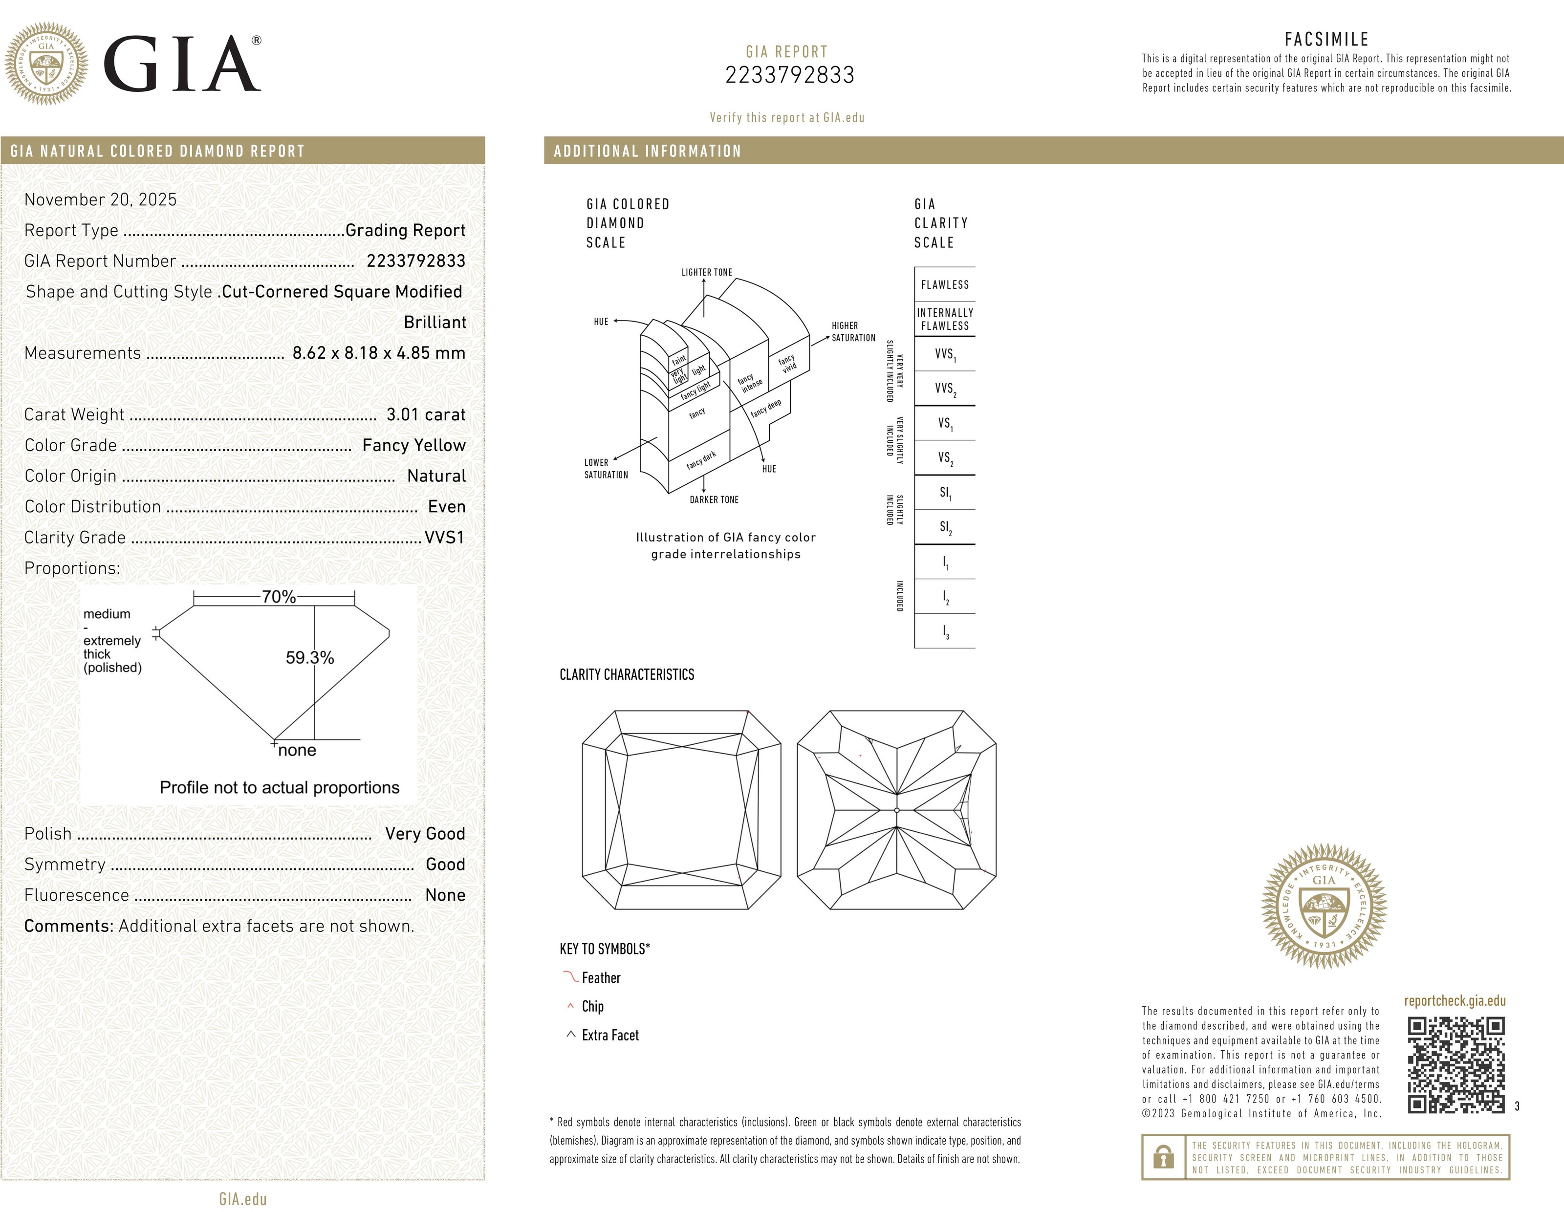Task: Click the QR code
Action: coord(1456,1065)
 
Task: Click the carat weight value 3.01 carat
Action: coord(425,414)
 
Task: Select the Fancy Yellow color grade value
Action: coord(413,445)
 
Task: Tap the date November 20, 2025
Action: coord(100,200)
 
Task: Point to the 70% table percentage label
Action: coord(279,596)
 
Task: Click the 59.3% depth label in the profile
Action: coord(309,657)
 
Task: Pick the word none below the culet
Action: coord(297,750)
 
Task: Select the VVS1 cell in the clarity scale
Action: coord(945,354)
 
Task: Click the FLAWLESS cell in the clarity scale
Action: coord(945,285)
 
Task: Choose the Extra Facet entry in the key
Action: coord(609,1035)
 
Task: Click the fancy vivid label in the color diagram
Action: coord(788,364)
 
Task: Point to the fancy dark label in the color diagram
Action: coord(701,460)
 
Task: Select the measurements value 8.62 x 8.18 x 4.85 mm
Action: coord(379,353)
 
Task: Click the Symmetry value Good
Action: coord(445,864)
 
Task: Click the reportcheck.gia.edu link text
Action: coord(1455,1001)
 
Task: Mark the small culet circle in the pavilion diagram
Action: coord(896,810)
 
